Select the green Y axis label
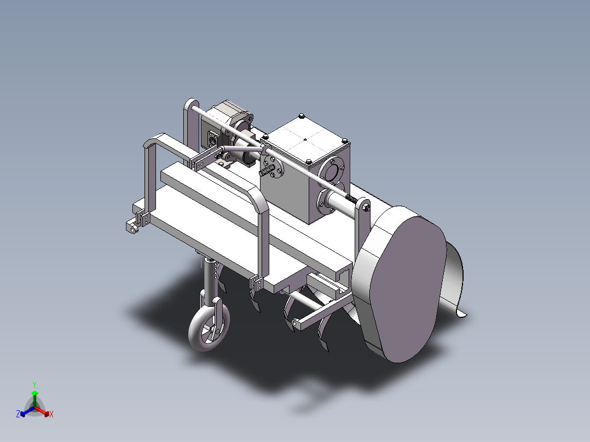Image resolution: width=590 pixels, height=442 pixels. (34, 385)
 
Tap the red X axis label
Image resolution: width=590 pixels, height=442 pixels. (51, 415)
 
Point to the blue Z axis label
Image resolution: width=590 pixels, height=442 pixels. (18, 415)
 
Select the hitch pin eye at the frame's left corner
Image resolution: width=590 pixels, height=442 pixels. (131, 227)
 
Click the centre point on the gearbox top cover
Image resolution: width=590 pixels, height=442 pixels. (305, 139)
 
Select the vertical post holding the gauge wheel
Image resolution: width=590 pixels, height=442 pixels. (208, 279)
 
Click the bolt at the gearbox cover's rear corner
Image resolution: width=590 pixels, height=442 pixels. (302, 116)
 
